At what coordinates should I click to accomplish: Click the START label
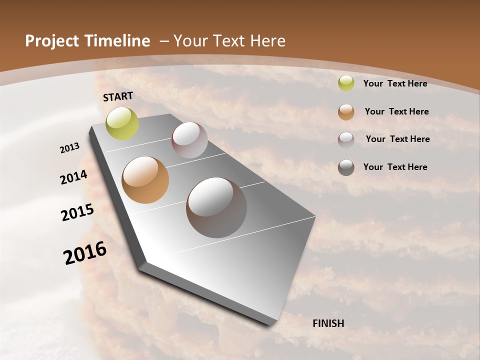[x=118, y=96]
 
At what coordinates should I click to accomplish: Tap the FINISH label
[x=328, y=323]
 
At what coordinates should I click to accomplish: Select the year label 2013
[x=70, y=148]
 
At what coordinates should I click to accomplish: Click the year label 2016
[x=85, y=253]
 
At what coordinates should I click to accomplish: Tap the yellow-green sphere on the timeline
[x=122, y=123]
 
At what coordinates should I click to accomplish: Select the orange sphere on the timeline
[x=145, y=180]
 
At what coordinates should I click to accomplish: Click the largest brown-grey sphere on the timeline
[x=216, y=207]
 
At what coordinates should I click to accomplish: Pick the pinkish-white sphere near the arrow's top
[x=189, y=140]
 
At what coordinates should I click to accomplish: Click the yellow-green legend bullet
[x=346, y=83]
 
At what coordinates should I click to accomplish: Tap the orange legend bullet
[x=346, y=112]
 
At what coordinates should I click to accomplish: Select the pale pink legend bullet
[x=346, y=140]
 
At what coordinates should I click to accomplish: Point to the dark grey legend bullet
[x=346, y=167]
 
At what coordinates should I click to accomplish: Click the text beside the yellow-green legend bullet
[x=395, y=83]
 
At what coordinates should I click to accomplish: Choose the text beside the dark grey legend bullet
[x=395, y=167]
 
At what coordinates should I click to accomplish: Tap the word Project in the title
[x=50, y=41]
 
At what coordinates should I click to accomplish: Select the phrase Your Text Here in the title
[x=229, y=41]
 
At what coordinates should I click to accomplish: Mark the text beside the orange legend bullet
[x=396, y=111]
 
